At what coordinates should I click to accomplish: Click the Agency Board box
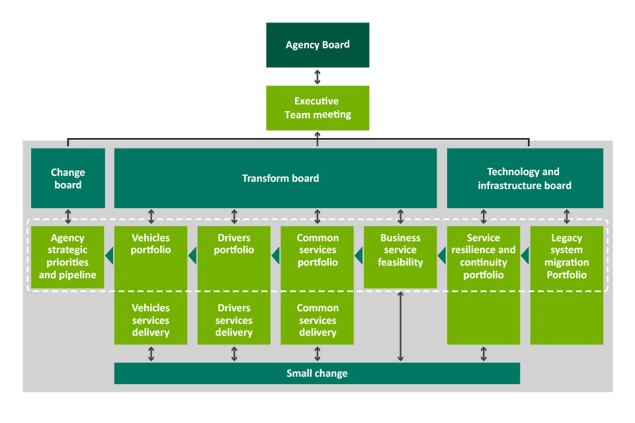coord(317,45)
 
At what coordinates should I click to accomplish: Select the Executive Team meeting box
coord(317,108)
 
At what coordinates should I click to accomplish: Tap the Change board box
coord(68,178)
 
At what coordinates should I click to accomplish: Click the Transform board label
coord(280,178)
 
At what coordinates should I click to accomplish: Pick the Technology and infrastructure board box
coord(525,178)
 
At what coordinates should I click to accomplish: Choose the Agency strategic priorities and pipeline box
coord(67,256)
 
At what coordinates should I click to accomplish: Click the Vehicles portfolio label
coord(151,244)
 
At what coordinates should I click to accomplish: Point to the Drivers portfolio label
coord(234,244)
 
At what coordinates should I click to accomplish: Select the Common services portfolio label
coord(317,250)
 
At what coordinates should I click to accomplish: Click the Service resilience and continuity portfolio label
coord(484,256)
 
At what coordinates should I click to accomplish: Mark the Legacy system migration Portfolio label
coord(567,256)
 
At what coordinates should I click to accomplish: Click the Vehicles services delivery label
coord(151,321)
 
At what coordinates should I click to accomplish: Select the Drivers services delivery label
coord(234,321)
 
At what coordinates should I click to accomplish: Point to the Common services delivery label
coord(317,321)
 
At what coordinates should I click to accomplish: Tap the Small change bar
coord(317,373)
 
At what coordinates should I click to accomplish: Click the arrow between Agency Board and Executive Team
coord(317,77)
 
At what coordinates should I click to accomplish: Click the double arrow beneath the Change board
coord(68,217)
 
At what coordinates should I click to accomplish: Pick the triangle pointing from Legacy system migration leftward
coord(525,256)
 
